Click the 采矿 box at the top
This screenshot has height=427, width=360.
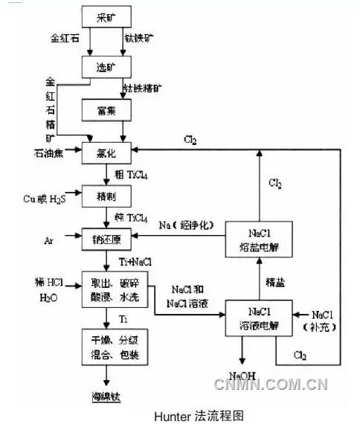(106, 16)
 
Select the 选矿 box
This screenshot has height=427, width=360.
(106, 67)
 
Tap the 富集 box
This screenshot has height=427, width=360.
(106, 112)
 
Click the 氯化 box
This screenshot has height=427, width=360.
(106, 152)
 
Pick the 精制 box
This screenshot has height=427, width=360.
(106, 196)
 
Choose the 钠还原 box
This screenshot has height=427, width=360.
(106, 240)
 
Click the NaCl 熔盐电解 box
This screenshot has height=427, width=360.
(256, 240)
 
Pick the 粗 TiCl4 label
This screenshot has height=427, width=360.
(131, 175)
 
